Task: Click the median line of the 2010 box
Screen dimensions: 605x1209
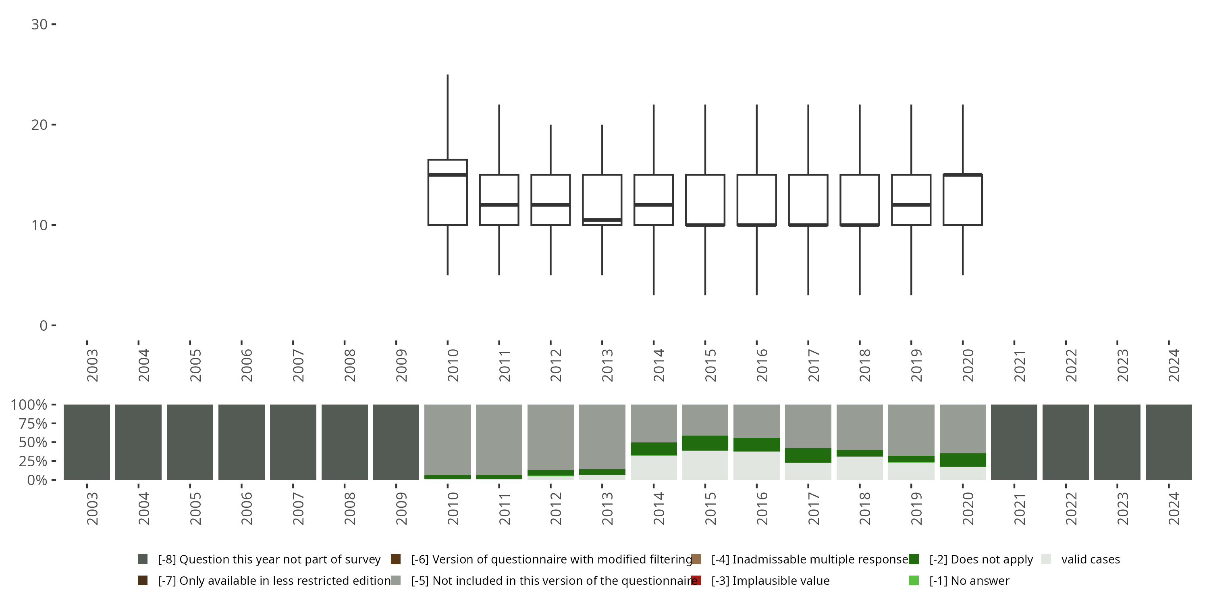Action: click(447, 175)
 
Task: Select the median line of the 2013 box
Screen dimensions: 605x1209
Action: click(602, 220)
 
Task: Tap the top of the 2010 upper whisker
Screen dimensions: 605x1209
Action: click(447, 75)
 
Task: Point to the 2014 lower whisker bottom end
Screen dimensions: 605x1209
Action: click(654, 294)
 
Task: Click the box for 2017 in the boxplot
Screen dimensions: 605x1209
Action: click(808, 200)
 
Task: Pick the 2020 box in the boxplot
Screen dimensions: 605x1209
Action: click(963, 200)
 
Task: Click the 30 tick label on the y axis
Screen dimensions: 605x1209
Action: click(39, 25)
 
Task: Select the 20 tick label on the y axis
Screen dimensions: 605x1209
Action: click(39, 125)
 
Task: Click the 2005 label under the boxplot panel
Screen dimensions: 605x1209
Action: click(195, 365)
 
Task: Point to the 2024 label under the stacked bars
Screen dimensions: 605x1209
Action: click(1173, 509)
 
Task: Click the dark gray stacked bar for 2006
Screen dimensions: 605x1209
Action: click(241, 442)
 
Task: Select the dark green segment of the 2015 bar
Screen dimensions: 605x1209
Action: click(705, 443)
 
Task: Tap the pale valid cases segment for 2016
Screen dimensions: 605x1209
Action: click(756, 465)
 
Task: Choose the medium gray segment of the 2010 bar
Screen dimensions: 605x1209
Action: click(447, 439)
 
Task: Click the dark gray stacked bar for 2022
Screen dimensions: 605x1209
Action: click(1066, 442)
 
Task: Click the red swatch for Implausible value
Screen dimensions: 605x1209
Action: click(696, 580)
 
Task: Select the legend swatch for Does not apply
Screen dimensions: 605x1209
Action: click(914, 559)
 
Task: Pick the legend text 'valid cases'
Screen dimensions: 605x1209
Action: click(1090, 559)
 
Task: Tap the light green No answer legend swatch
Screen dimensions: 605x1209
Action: click(914, 580)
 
